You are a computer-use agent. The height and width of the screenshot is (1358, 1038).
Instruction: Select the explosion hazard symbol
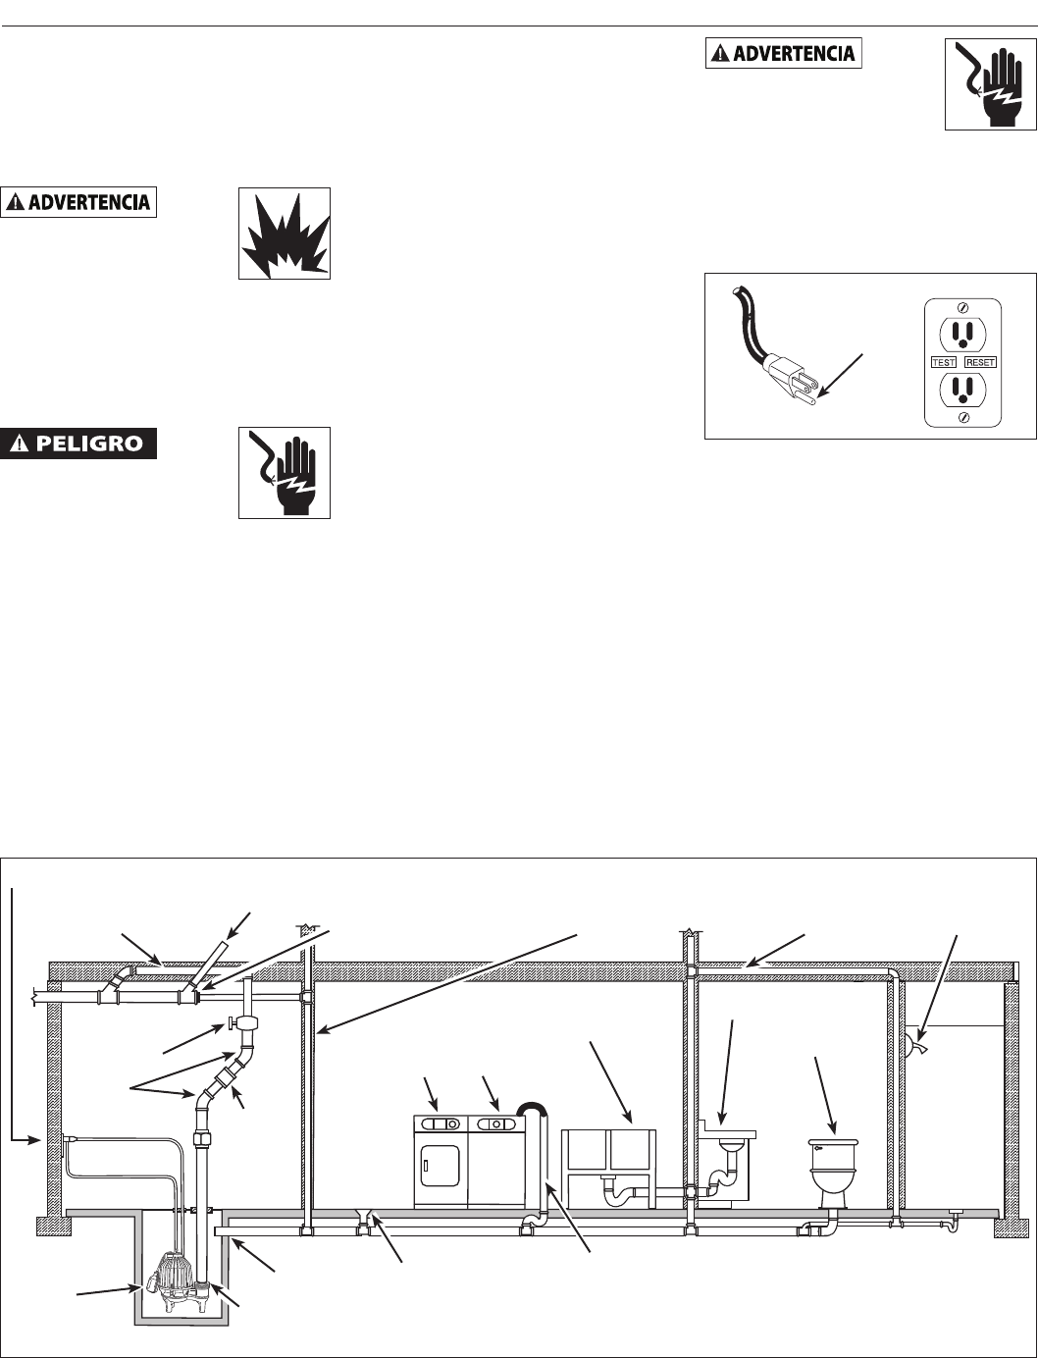tap(284, 234)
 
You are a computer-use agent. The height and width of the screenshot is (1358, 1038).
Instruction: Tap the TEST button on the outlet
tap(944, 362)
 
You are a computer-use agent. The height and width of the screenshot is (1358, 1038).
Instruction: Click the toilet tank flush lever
tap(818, 1145)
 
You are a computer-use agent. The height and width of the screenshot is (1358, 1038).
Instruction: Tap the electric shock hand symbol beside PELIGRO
tap(284, 472)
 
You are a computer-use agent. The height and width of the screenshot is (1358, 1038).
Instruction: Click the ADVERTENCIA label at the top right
tap(783, 53)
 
